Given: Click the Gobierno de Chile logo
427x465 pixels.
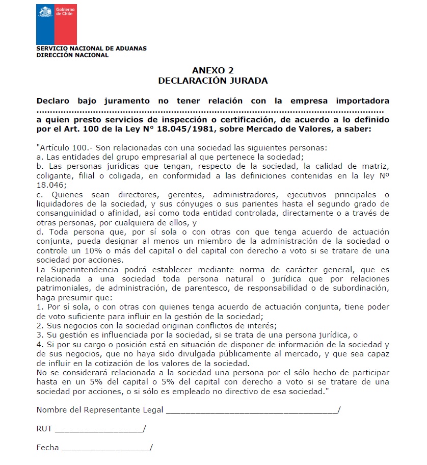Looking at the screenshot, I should (x=56, y=23).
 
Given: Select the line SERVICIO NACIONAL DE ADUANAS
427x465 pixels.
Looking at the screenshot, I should (x=91, y=48).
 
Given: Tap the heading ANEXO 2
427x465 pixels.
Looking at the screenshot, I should (x=212, y=71).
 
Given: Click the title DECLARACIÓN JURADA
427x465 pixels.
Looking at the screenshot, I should (x=212, y=81).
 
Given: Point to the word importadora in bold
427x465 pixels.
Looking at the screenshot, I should (x=364, y=101).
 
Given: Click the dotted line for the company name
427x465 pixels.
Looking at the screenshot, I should (x=210, y=111).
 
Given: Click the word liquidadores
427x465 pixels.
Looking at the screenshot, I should (x=61, y=204).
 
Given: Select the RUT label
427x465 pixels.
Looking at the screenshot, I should (x=44, y=429).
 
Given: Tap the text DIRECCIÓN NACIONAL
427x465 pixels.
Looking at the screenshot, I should (x=72, y=55).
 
